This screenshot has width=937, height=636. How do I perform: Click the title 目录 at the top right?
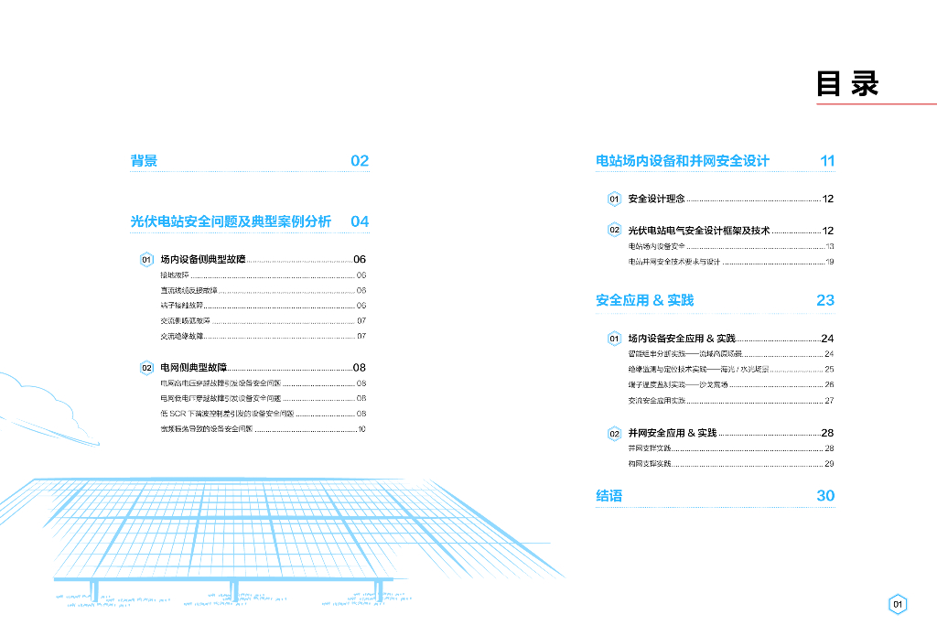(847, 83)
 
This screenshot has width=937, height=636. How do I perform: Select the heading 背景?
(144, 161)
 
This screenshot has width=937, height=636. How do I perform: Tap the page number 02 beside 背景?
(360, 161)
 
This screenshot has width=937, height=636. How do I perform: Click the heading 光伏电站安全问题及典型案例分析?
(231, 221)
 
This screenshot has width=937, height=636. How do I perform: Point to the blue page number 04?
(360, 221)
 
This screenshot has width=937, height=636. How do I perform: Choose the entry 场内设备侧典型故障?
(203, 260)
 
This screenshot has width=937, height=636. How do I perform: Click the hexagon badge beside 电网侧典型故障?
(145, 368)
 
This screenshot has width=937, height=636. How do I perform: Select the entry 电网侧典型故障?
(193, 367)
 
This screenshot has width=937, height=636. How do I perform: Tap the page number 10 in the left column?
(361, 428)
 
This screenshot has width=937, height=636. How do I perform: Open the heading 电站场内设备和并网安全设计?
(683, 161)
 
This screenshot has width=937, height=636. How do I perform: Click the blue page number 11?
(827, 161)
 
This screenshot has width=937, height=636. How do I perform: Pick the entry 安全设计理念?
(656, 199)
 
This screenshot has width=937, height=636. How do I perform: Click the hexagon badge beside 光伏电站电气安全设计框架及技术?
(615, 231)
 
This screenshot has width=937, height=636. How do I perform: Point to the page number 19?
(829, 262)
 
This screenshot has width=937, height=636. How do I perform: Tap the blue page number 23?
(825, 300)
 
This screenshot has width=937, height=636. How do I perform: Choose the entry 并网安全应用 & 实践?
(673, 433)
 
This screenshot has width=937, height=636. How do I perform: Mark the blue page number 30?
(825, 496)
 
